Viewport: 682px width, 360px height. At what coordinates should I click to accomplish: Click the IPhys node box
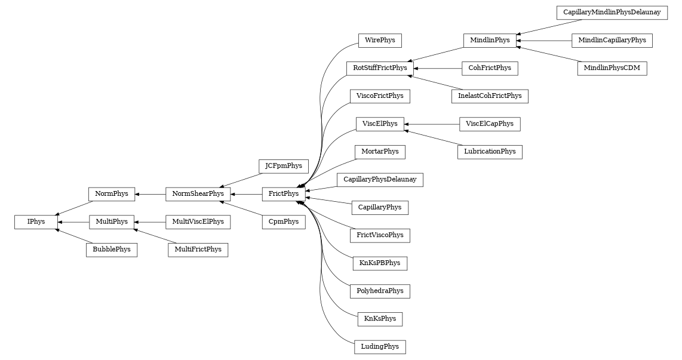coord(36,221)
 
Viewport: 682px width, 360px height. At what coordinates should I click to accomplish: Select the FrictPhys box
coord(284,193)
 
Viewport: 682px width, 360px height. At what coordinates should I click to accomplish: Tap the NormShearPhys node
coord(198,193)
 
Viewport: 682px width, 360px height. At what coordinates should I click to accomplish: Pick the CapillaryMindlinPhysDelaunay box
coord(612,13)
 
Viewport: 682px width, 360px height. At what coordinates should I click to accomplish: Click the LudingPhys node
coord(380,346)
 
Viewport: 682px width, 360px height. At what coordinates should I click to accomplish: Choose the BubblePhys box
coord(112,250)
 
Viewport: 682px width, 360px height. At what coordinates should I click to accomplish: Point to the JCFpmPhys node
coord(283,166)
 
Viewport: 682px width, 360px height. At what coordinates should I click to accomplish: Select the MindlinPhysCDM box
coord(612,68)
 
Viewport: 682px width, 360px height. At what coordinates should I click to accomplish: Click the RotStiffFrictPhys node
coord(380,68)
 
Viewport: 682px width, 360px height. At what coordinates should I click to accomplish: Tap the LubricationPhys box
coord(490,152)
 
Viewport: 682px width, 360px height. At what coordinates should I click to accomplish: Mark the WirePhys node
coord(380,41)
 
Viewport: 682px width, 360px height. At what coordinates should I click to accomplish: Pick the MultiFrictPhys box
coord(198,250)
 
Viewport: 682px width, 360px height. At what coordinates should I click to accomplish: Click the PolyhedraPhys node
coord(380,291)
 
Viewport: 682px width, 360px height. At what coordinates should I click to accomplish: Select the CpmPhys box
coord(283,221)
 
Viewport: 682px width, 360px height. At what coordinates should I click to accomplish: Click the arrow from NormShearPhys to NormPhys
coord(150,194)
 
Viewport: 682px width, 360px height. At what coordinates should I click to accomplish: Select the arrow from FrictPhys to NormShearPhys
coord(246,194)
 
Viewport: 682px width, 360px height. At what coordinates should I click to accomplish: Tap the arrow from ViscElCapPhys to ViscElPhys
coord(432,124)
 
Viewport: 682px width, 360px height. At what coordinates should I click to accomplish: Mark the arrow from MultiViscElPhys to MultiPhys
coord(149,222)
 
